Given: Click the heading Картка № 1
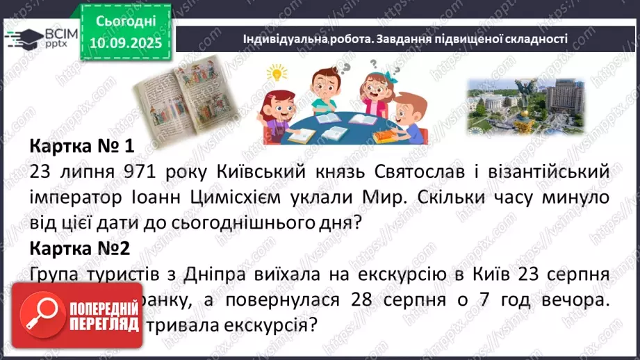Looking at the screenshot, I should coord(81,148).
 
